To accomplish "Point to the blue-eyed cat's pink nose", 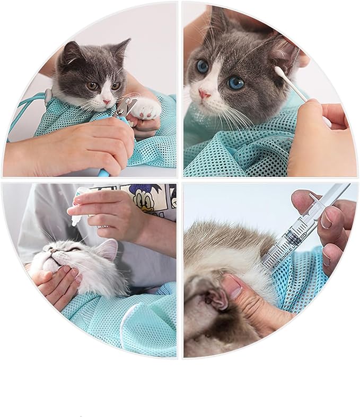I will (204, 94).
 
